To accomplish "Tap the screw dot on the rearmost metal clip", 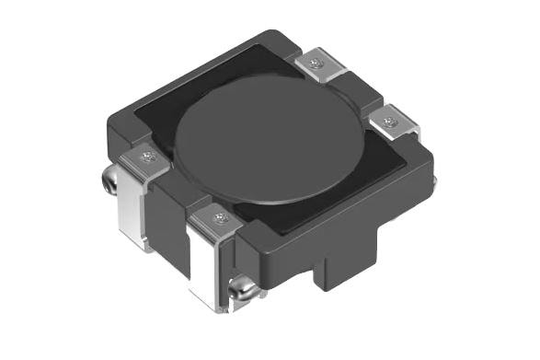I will pos(316,64).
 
